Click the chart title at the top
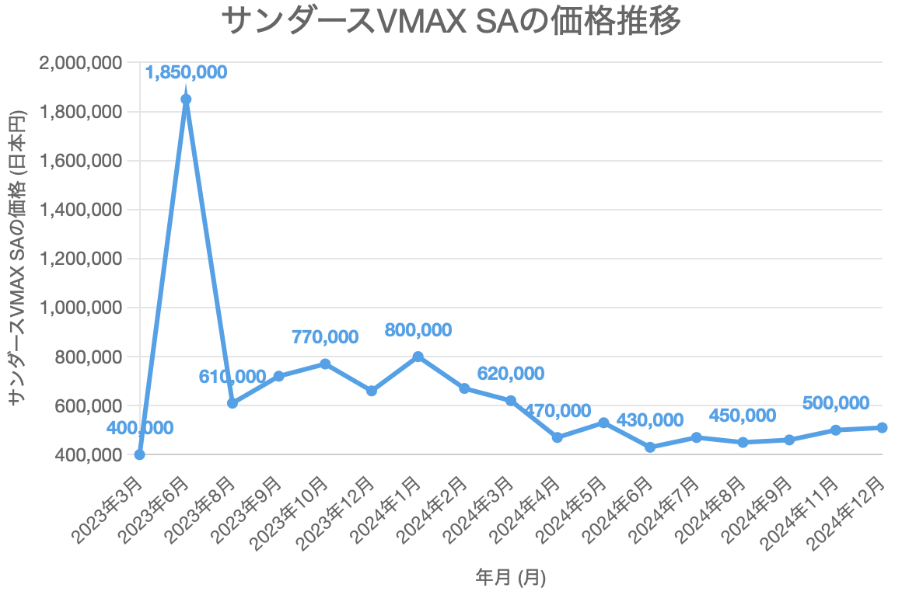[451, 21]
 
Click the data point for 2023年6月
[186, 99]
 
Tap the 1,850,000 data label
[186, 72]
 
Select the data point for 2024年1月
[418, 357]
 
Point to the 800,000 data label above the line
[418, 329]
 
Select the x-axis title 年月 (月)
[510, 577]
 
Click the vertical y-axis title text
[19, 256]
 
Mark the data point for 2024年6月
[650, 447]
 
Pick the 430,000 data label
[650, 420]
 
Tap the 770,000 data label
[325, 337]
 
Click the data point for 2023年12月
[372, 391]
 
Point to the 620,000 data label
[511, 374]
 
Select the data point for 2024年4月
[558, 437]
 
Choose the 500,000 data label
[836, 402]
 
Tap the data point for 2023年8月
[232, 403]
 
